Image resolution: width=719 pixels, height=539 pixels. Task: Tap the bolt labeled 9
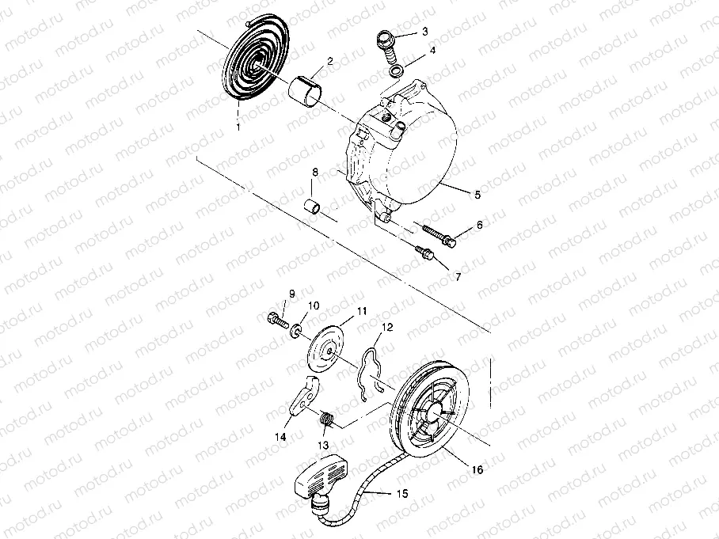[x=273, y=319]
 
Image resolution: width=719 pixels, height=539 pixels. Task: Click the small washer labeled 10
[x=295, y=328]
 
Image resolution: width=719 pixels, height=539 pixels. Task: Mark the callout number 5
[x=477, y=193]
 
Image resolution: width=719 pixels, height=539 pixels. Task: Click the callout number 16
[x=477, y=470]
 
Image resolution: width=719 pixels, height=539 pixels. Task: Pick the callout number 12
[x=386, y=326]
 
